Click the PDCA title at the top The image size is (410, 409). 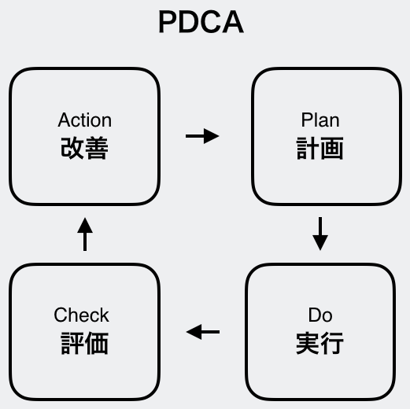(201, 21)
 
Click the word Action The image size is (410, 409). (85, 120)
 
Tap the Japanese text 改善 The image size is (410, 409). (84, 148)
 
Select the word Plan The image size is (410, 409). (320, 120)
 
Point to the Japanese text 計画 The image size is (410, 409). (320, 148)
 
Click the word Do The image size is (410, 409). (320, 315)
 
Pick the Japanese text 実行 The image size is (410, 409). (320, 343)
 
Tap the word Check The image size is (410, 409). (81, 315)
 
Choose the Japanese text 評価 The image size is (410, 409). (85, 343)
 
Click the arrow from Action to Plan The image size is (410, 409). (202, 136)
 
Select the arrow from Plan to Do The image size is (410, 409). (320, 234)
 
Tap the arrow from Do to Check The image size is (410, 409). (203, 332)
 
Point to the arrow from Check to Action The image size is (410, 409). (85, 234)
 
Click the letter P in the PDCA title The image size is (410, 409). (168, 22)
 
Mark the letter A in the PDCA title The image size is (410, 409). (233, 22)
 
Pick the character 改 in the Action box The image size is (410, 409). (72, 148)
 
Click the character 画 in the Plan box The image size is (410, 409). (332, 148)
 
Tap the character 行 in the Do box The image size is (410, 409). (332, 343)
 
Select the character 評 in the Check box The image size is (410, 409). (72, 343)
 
